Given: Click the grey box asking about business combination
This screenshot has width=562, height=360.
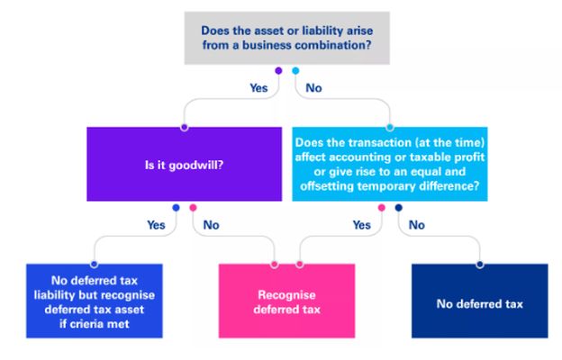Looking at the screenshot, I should click(x=287, y=38).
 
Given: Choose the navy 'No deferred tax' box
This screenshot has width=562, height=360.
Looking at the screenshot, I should click(x=479, y=303).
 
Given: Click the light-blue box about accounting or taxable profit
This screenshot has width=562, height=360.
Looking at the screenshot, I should click(x=389, y=163).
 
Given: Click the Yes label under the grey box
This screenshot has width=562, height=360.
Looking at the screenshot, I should click(x=258, y=88).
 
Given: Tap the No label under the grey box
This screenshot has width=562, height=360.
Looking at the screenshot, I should click(x=314, y=88).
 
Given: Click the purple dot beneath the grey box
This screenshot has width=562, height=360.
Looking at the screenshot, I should click(x=278, y=70).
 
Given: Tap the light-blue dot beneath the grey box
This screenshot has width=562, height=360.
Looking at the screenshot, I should click(x=295, y=70).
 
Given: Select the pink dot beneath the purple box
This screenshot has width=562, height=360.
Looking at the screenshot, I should click(x=193, y=208).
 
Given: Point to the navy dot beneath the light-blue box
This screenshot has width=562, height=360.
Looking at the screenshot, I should click(x=398, y=208).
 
